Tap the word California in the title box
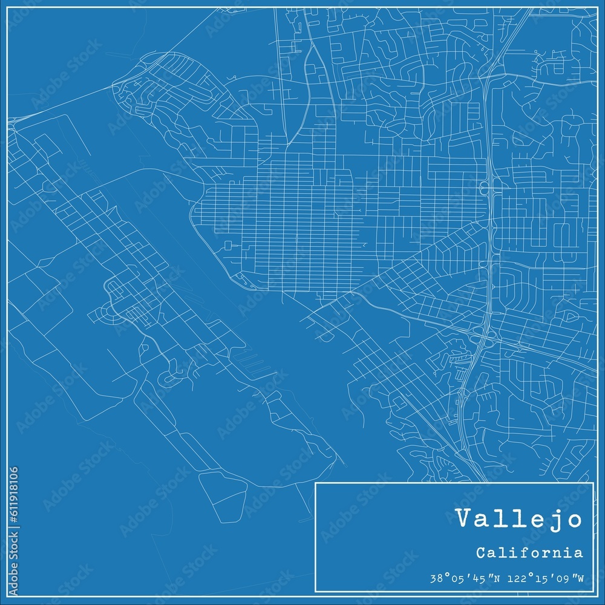coord(529,552)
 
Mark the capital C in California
coord(480,552)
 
